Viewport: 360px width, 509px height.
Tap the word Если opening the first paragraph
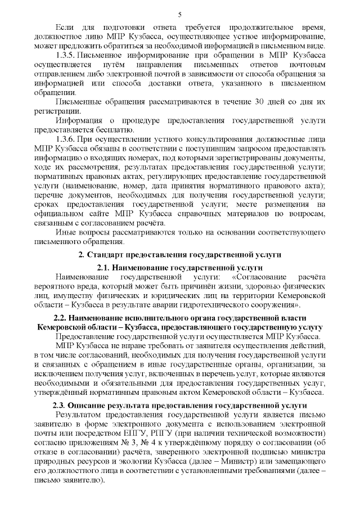click(65, 27)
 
